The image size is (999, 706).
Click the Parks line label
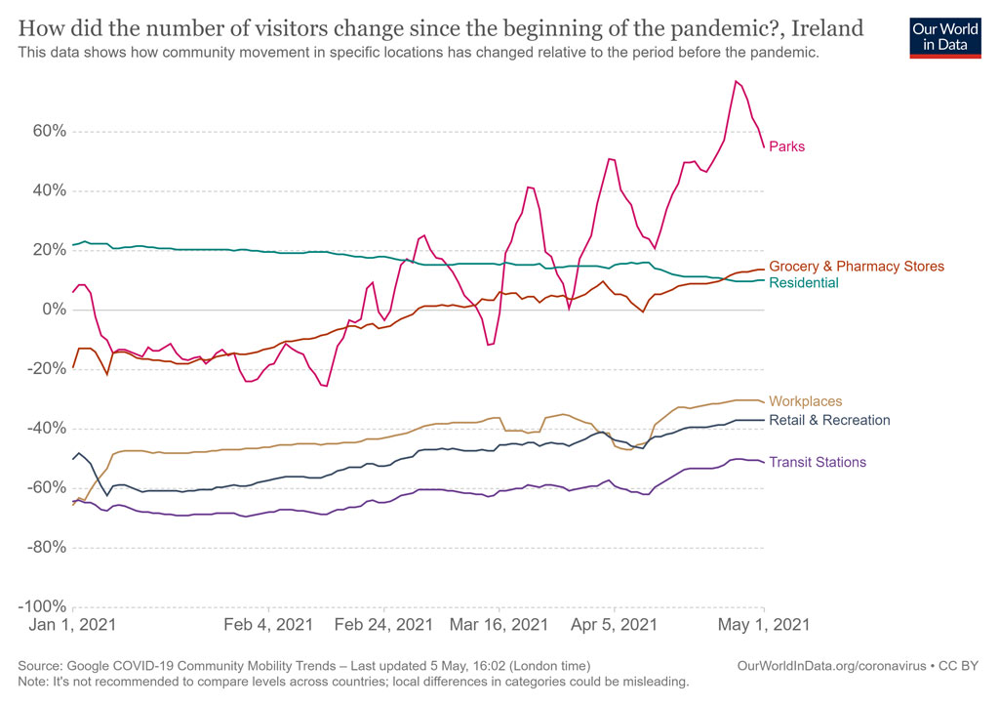point(786,147)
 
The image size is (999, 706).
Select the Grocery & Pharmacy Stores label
point(857,267)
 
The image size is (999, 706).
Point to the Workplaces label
point(805,401)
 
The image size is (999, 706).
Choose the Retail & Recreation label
point(829,421)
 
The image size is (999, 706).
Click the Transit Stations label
point(818,463)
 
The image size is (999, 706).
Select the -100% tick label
point(42,606)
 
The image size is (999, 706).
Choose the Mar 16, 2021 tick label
point(499,624)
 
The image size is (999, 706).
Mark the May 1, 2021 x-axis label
point(763,624)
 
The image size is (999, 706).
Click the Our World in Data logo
point(944,35)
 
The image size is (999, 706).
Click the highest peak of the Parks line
point(737,81)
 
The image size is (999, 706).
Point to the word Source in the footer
point(40,666)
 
